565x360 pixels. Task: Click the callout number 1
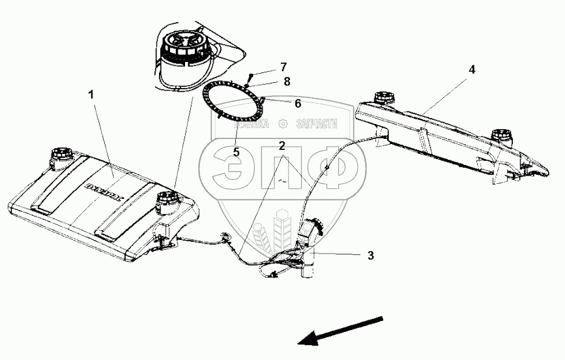pyautogui.click(x=92, y=95)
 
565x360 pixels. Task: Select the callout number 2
pyautogui.click(x=281, y=145)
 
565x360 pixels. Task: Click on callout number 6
pyautogui.click(x=298, y=102)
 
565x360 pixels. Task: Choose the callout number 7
pyautogui.click(x=283, y=67)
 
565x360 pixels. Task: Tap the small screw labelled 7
pyautogui.click(x=249, y=79)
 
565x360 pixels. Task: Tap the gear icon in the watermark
pyautogui.click(x=282, y=123)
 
